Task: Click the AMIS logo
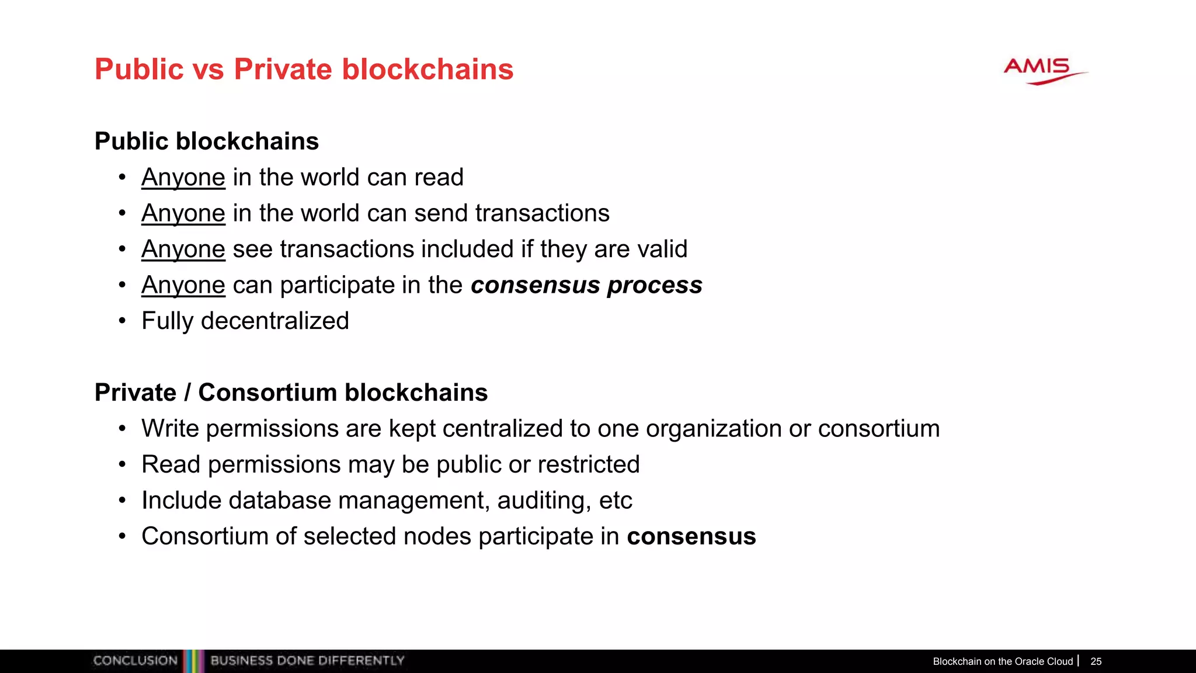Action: tap(1044, 71)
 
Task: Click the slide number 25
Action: tap(1096, 661)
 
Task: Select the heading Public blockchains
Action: tap(207, 141)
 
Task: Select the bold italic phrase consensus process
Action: tap(586, 285)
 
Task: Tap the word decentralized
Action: tap(274, 321)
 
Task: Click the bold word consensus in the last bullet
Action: tap(691, 536)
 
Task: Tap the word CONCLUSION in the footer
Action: tap(135, 661)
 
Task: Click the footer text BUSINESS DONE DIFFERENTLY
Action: tap(307, 661)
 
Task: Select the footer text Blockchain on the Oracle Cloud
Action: tap(1003, 661)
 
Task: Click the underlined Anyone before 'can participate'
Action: tap(183, 285)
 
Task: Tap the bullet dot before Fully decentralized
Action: tap(122, 321)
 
